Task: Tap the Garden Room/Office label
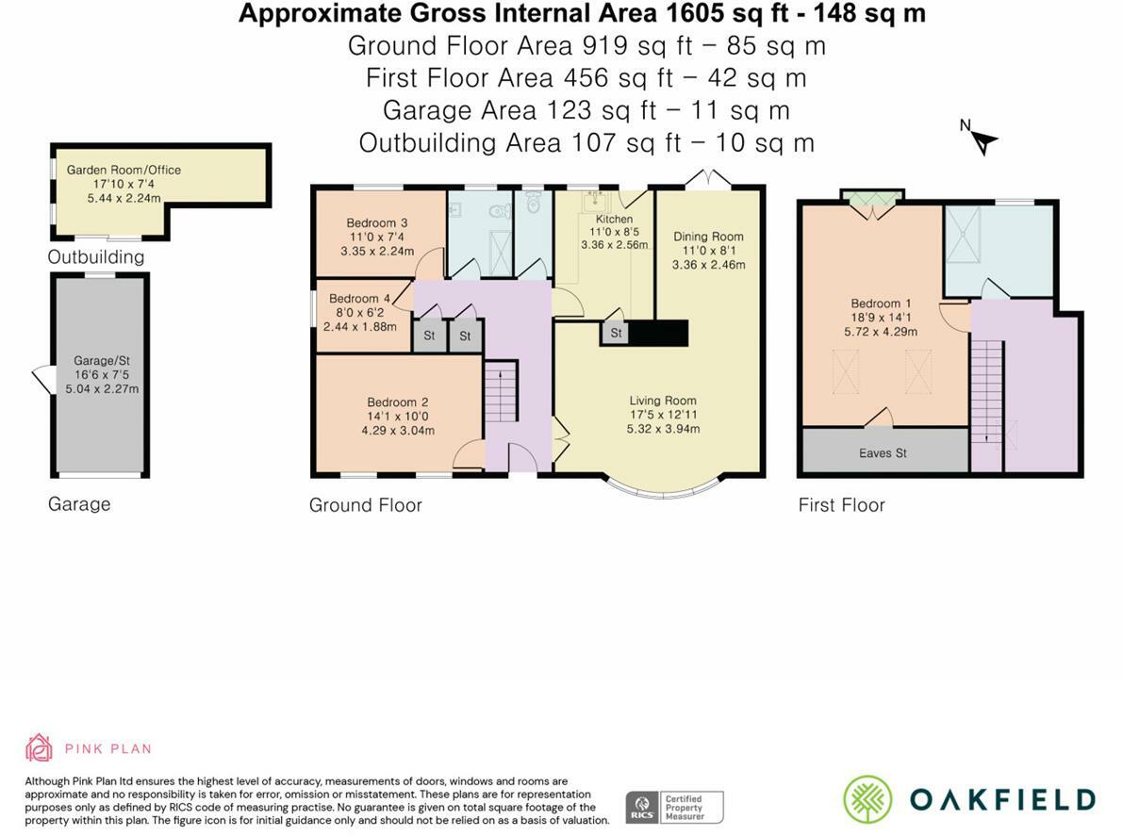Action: (x=124, y=170)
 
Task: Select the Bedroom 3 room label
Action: (x=377, y=222)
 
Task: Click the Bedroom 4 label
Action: (x=359, y=299)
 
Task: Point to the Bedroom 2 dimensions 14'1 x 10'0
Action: (x=398, y=416)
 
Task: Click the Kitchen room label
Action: (x=615, y=219)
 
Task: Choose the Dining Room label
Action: (x=708, y=237)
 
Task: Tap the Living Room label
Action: (x=663, y=401)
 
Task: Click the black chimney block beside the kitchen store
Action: (x=658, y=333)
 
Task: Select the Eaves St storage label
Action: (x=884, y=453)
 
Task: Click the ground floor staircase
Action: (x=501, y=391)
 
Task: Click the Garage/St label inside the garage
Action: (x=102, y=361)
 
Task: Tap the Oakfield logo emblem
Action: (x=868, y=799)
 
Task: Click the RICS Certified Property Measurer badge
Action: (x=675, y=808)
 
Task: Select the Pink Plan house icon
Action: (x=39, y=748)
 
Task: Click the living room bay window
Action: (x=663, y=488)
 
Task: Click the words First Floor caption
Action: (x=841, y=505)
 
